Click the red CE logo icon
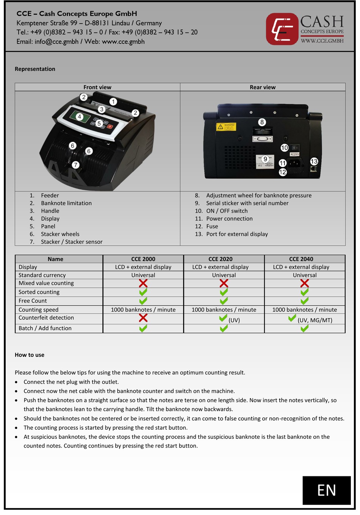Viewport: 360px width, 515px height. click(282, 29)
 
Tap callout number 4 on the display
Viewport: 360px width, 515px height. click(80, 117)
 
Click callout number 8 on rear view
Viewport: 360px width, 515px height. click(262, 122)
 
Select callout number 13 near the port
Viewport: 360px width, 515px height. click(314, 161)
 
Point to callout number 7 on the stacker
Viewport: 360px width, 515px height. click(76, 165)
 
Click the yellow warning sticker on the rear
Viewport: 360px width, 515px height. click(226, 127)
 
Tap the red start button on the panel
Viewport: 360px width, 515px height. click(110, 127)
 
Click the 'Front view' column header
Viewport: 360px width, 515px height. click(97, 87)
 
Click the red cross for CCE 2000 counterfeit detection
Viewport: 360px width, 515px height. click(143, 318)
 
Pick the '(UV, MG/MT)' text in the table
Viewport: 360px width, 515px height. click(315, 320)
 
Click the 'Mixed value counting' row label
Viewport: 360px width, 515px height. click(46, 283)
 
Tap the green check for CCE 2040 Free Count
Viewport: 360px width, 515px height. click(305, 301)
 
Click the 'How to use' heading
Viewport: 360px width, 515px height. click(30, 355)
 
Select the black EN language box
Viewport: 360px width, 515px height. click(326, 490)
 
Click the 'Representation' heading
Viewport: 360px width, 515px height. click(35, 69)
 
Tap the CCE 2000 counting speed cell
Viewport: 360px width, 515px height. click(143, 310)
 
